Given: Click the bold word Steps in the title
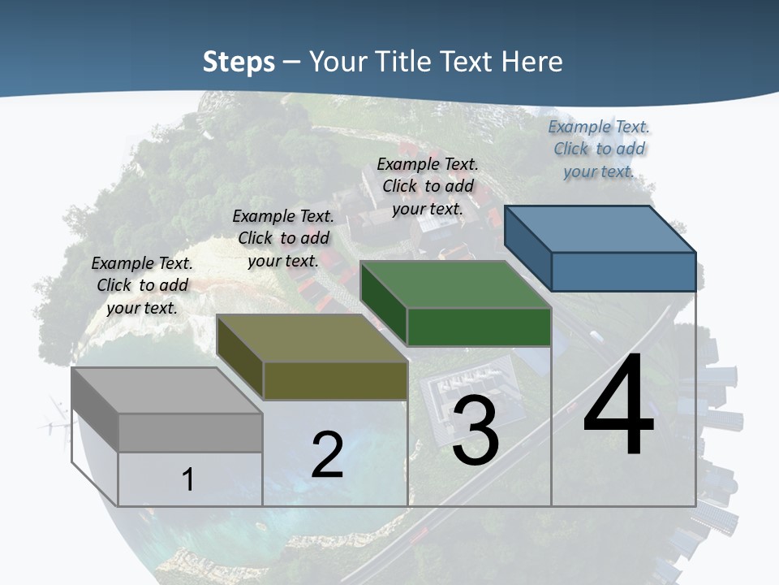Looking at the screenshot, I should (x=239, y=62).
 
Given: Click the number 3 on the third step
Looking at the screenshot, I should (x=476, y=431).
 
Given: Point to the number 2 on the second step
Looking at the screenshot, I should (x=327, y=455).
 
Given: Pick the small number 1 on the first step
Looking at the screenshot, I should (x=188, y=479).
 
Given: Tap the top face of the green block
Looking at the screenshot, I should (x=454, y=284).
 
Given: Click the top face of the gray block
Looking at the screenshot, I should (x=166, y=391).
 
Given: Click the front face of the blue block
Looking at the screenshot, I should (x=623, y=271).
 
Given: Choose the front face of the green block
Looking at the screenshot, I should (x=479, y=327).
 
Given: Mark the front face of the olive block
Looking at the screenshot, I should (x=335, y=380).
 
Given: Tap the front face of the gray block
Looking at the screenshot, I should (x=191, y=432).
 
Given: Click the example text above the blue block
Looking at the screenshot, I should (x=599, y=149).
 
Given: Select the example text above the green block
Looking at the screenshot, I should (x=428, y=186).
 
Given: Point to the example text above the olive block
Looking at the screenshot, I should (x=283, y=238).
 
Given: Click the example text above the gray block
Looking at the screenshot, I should (x=142, y=285).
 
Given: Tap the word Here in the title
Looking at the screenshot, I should (x=533, y=62).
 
